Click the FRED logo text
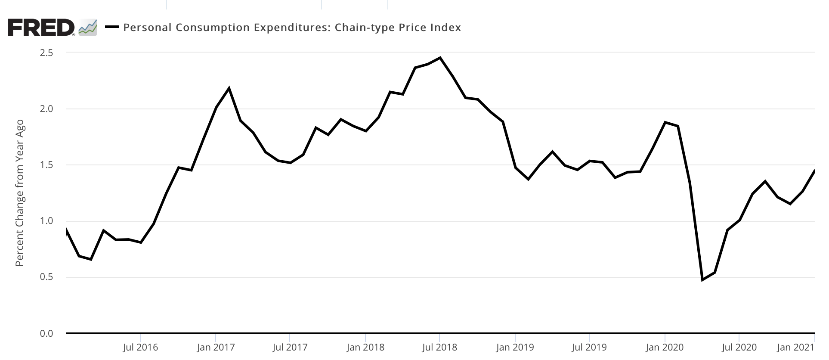tap(41, 28)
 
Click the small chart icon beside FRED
tap(88, 28)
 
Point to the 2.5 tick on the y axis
tap(46, 53)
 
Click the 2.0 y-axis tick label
tap(46, 109)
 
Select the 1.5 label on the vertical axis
tap(46, 165)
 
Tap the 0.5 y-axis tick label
tap(46, 277)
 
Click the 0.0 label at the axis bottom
tap(46, 334)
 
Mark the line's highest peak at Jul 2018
tap(440, 58)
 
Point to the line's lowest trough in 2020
tap(702, 280)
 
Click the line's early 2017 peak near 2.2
tap(229, 88)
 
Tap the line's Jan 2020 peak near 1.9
tap(665, 122)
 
